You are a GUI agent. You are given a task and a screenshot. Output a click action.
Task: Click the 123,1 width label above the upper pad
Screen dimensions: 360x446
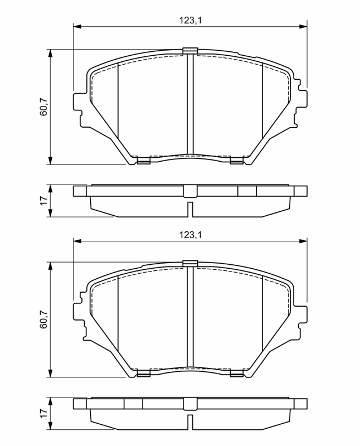[x=190, y=21]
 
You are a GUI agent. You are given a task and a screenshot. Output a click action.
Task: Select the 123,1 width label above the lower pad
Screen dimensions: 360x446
[x=190, y=235]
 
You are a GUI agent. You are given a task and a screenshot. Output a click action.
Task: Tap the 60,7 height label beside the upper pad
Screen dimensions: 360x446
[x=43, y=106]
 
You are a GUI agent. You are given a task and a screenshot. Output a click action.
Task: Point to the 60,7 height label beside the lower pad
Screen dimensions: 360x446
[x=43, y=319]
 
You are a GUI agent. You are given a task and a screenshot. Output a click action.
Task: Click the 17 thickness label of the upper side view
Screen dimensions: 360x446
[x=43, y=201]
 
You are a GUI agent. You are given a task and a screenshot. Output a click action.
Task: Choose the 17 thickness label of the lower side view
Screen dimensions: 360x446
[x=43, y=413]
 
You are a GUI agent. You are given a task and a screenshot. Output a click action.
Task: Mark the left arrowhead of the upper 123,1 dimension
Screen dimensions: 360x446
[x=77, y=26]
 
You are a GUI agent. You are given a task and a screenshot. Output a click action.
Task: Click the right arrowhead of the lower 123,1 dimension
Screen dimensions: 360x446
[x=303, y=241]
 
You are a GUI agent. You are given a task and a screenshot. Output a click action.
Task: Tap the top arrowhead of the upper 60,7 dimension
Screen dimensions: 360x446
[x=50, y=54]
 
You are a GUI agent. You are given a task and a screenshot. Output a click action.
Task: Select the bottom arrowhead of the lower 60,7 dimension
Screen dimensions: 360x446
[x=50, y=373]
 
